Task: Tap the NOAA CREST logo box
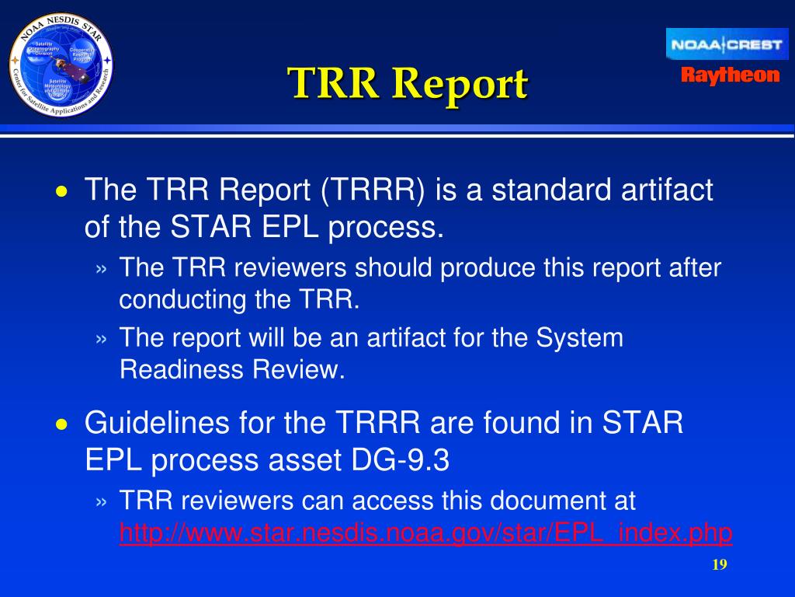point(727,44)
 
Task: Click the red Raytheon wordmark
point(730,75)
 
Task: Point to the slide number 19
point(719,564)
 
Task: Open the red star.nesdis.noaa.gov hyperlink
point(425,533)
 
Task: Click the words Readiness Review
point(232,370)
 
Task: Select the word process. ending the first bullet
point(386,228)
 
